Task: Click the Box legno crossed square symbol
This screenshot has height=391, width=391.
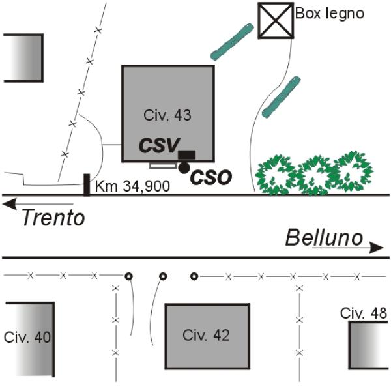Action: coord(276,20)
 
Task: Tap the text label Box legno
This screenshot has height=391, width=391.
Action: coord(330,14)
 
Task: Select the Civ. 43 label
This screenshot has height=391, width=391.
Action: coord(167,115)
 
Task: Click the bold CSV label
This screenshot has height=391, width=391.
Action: coord(159,145)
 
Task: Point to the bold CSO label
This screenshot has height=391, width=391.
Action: coord(211,177)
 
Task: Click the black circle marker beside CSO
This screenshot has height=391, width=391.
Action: coord(184,168)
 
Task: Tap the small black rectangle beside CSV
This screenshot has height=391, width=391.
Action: coord(186,154)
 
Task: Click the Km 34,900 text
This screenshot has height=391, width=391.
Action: coord(132,186)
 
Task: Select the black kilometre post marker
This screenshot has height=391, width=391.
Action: coord(87,185)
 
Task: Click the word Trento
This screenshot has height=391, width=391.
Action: coord(53,218)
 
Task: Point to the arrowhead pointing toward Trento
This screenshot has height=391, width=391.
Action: coord(9,204)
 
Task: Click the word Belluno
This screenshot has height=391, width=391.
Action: coord(324,238)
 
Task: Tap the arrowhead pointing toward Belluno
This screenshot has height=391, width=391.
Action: coord(376,248)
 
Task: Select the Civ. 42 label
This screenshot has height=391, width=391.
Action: coord(206,336)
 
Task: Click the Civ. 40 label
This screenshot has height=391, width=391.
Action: coord(27,337)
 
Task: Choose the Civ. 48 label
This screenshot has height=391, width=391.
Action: coord(364,313)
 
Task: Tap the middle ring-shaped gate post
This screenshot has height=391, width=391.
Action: coord(163,276)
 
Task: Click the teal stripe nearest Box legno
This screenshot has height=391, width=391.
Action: coord(232,42)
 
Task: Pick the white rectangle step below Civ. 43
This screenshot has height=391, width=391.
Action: coord(162,166)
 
